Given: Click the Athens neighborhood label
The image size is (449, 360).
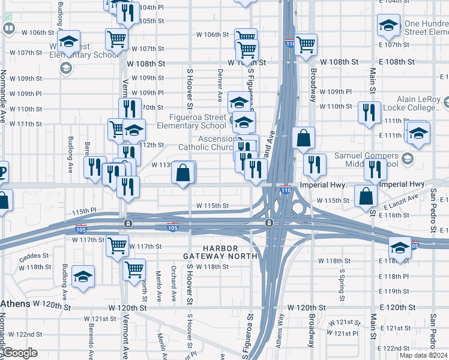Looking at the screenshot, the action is [x=14, y=304].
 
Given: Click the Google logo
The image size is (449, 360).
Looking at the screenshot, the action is [x=20, y=353].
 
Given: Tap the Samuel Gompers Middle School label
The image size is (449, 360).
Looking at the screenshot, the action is [x=366, y=160].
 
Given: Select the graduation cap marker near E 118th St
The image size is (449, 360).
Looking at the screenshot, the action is [x=400, y=246].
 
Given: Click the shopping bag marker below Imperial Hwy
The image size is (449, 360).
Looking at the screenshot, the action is [x=366, y=195].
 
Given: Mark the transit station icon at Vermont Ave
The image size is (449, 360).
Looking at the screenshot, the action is [x=128, y=223].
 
